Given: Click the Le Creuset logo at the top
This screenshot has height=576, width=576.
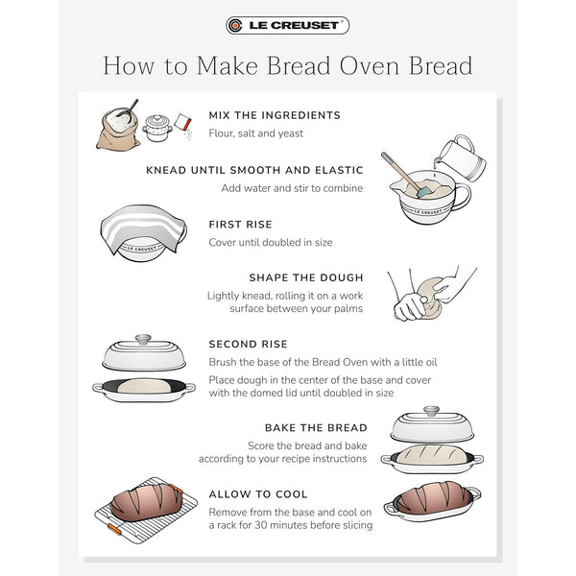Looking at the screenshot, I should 287,25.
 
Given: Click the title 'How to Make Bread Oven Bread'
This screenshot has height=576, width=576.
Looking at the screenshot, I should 287,66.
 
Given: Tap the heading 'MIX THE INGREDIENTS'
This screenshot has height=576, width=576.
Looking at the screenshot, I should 275,115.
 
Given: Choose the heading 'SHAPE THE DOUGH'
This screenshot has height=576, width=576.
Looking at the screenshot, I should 305,278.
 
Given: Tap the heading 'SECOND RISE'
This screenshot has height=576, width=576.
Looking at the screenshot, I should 248,344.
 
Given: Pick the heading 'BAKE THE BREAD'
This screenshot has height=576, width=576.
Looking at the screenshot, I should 315,426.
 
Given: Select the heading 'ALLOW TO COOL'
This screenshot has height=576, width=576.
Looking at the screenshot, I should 257,493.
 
